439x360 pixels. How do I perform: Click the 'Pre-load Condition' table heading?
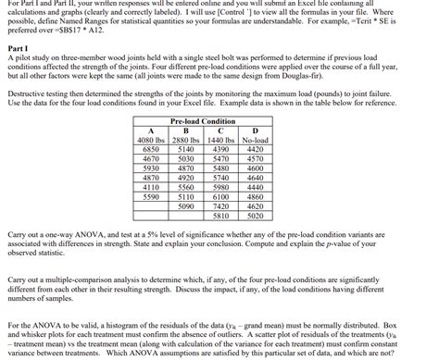pyautogui.click(x=203, y=121)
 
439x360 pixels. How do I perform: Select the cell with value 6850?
pyautogui.click(x=151, y=148)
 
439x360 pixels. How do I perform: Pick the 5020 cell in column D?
pyautogui.click(x=256, y=215)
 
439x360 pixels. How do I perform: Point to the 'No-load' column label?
pyautogui.click(x=256, y=140)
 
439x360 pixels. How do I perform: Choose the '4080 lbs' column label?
pyautogui.click(x=151, y=140)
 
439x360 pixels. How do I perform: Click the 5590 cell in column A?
pyautogui.click(x=151, y=196)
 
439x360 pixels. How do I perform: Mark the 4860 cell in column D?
pyautogui.click(x=256, y=196)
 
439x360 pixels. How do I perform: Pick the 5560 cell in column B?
pyautogui.click(x=186, y=186)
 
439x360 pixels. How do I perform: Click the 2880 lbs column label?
pyautogui.click(x=186, y=140)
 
